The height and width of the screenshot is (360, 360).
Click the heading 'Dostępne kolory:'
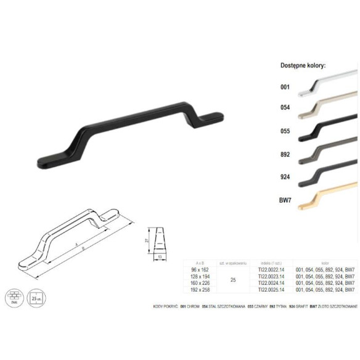[303, 65]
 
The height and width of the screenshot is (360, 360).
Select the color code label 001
[285, 88]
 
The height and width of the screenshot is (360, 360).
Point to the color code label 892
[285, 154]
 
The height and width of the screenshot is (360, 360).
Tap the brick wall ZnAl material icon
[13, 295]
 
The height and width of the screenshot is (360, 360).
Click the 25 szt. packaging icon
[36, 295]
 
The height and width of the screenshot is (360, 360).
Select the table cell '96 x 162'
[201, 269]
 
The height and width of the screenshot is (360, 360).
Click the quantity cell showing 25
[232, 279]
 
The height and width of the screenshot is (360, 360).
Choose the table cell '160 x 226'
[201, 283]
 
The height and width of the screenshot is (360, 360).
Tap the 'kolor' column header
[325, 263]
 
